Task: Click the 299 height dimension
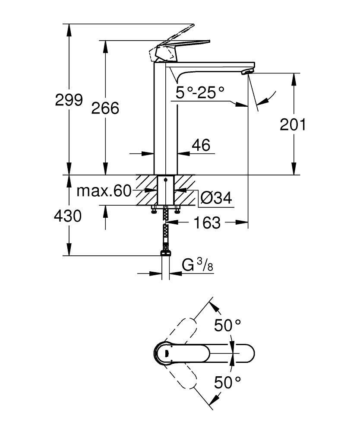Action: [69, 100]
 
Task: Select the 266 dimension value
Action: [105, 108]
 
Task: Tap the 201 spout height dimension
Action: [293, 124]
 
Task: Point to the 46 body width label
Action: [201, 145]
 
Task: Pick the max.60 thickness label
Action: [104, 191]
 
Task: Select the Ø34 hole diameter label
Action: [216, 198]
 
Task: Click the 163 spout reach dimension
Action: [207, 223]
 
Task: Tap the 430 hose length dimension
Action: [68, 215]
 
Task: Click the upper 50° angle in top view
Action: [227, 325]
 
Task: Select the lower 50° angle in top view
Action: [227, 381]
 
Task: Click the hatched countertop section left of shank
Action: [146, 190]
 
